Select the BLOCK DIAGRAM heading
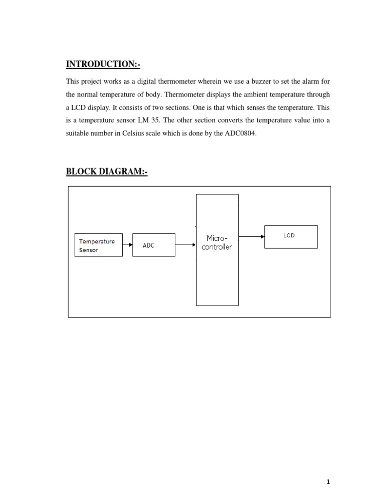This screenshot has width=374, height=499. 106,172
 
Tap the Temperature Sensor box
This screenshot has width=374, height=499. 98,246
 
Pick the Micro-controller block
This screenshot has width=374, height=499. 217,249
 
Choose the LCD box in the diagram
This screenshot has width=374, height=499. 291,237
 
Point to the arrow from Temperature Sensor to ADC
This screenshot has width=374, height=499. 128,245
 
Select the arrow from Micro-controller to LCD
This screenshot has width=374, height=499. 251,237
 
